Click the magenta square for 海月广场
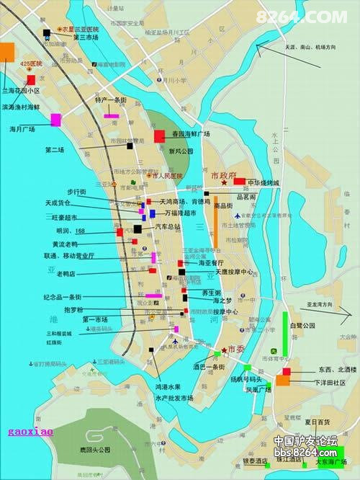click(55, 120)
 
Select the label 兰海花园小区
click(21, 92)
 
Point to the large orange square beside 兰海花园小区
click(7, 51)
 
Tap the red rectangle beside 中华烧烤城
click(240, 182)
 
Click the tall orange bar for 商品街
click(215, 227)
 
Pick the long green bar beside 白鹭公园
click(286, 333)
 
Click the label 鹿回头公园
click(95, 449)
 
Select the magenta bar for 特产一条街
click(111, 115)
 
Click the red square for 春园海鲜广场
click(159, 135)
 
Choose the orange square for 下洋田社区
click(284, 381)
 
